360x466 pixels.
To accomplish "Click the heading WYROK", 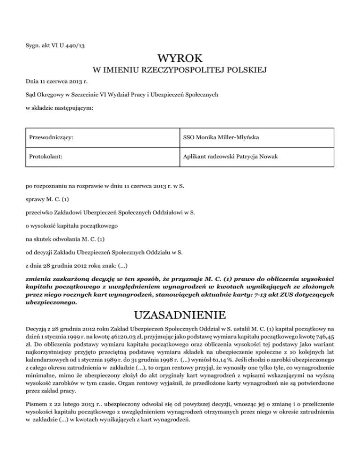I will (x=180, y=59).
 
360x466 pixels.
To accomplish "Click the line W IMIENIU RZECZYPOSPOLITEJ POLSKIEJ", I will (x=180, y=71).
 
